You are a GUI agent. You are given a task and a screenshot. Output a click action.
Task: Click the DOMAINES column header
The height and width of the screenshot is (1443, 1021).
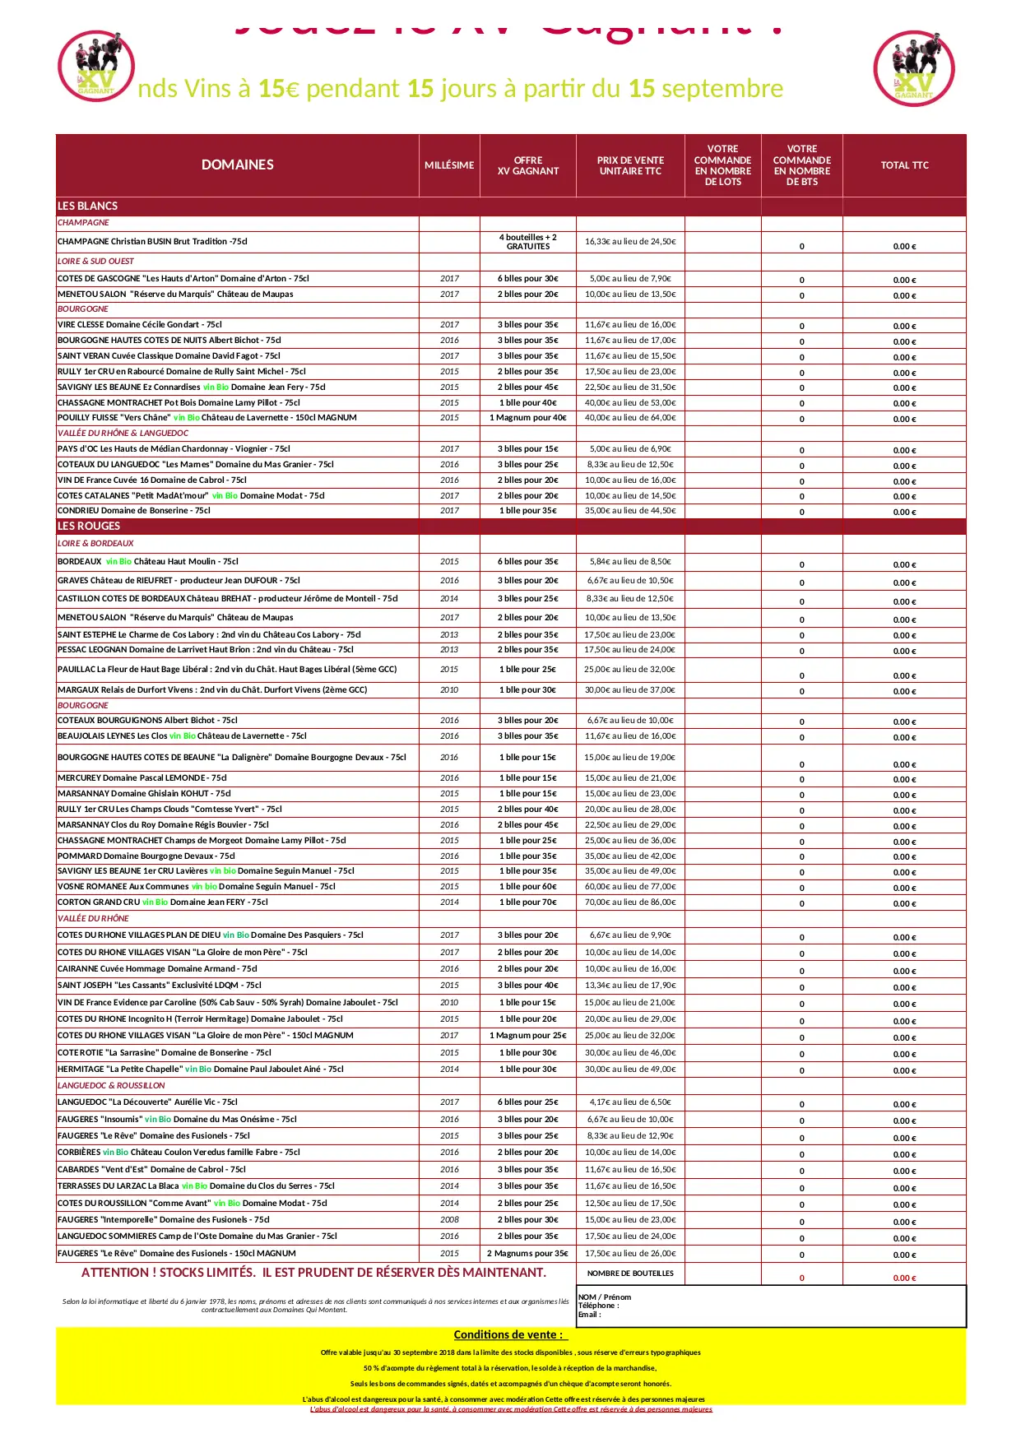[237, 165]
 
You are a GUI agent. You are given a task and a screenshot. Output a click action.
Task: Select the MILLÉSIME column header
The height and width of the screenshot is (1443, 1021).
[449, 165]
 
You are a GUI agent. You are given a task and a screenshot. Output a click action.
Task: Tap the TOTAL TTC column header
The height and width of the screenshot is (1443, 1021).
[904, 165]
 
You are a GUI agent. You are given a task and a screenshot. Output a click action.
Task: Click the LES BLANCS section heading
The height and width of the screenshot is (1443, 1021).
[87, 206]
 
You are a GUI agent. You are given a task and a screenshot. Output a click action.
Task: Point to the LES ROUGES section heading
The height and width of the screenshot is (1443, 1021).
[89, 526]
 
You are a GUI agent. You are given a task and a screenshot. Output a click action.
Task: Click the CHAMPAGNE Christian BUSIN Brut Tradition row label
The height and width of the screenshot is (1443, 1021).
[152, 242]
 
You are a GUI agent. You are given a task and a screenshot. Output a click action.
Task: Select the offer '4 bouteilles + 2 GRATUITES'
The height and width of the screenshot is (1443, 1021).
[527, 242]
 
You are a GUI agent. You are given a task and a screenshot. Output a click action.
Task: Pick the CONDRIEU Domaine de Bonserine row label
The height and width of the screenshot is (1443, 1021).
[134, 511]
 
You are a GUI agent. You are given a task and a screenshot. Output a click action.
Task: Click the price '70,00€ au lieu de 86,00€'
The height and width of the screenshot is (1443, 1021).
[630, 902]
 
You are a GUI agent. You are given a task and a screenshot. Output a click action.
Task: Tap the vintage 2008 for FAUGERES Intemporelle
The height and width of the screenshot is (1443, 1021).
[449, 1220]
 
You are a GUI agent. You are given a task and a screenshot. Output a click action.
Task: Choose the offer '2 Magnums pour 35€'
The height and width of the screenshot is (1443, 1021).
[527, 1254]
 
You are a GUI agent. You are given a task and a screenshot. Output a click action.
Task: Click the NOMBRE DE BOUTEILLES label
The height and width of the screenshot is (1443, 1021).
[630, 1274]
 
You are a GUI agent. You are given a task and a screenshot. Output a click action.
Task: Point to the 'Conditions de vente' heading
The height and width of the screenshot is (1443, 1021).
[509, 1334]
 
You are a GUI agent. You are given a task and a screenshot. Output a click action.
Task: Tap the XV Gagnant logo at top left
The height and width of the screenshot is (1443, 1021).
[96, 67]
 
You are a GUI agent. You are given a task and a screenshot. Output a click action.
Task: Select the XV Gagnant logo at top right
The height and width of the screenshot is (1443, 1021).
[914, 69]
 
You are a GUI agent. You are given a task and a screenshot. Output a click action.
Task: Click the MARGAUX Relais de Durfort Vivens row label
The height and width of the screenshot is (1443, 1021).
[212, 690]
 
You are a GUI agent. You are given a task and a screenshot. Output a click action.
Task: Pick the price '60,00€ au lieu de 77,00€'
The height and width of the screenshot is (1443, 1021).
[630, 887]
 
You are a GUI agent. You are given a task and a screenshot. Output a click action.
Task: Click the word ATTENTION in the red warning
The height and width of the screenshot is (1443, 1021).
[114, 1273]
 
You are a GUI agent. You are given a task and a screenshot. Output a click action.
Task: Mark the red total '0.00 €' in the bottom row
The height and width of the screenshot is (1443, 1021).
[904, 1278]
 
